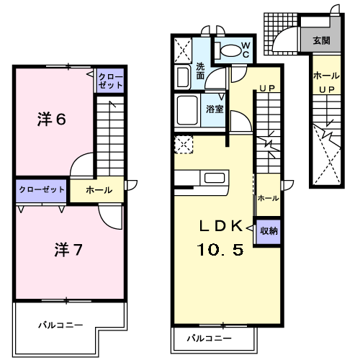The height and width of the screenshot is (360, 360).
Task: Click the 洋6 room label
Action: (52, 119)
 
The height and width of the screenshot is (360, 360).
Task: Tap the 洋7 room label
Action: (68, 250)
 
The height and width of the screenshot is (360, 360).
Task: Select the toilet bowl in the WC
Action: (230, 50)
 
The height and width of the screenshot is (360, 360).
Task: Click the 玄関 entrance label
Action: (321, 40)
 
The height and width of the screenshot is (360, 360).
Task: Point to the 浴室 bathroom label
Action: (215, 109)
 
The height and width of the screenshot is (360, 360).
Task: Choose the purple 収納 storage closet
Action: (269, 232)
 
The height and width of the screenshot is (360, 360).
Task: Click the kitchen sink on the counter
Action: (215, 178)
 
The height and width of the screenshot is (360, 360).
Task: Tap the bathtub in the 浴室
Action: (187, 110)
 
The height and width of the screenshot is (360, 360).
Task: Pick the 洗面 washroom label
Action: (200, 71)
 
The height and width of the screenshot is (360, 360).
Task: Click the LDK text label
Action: (221, 226)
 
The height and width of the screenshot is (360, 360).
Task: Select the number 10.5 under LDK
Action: (220, 249)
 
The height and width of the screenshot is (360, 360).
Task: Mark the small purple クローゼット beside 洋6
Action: (110, 81)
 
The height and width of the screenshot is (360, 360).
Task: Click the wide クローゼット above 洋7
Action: (41, 191)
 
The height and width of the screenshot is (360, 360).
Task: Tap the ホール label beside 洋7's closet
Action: (99, 190)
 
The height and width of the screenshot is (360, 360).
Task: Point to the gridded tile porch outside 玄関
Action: (281, 34)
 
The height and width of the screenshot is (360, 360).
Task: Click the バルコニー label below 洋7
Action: (60, 325)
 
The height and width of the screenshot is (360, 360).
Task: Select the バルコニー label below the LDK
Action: (210, 338)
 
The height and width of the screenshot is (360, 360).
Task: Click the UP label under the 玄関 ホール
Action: (327, 90)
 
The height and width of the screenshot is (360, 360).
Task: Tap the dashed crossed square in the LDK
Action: (184, 145)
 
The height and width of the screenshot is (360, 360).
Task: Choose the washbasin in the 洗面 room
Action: (183, 77)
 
